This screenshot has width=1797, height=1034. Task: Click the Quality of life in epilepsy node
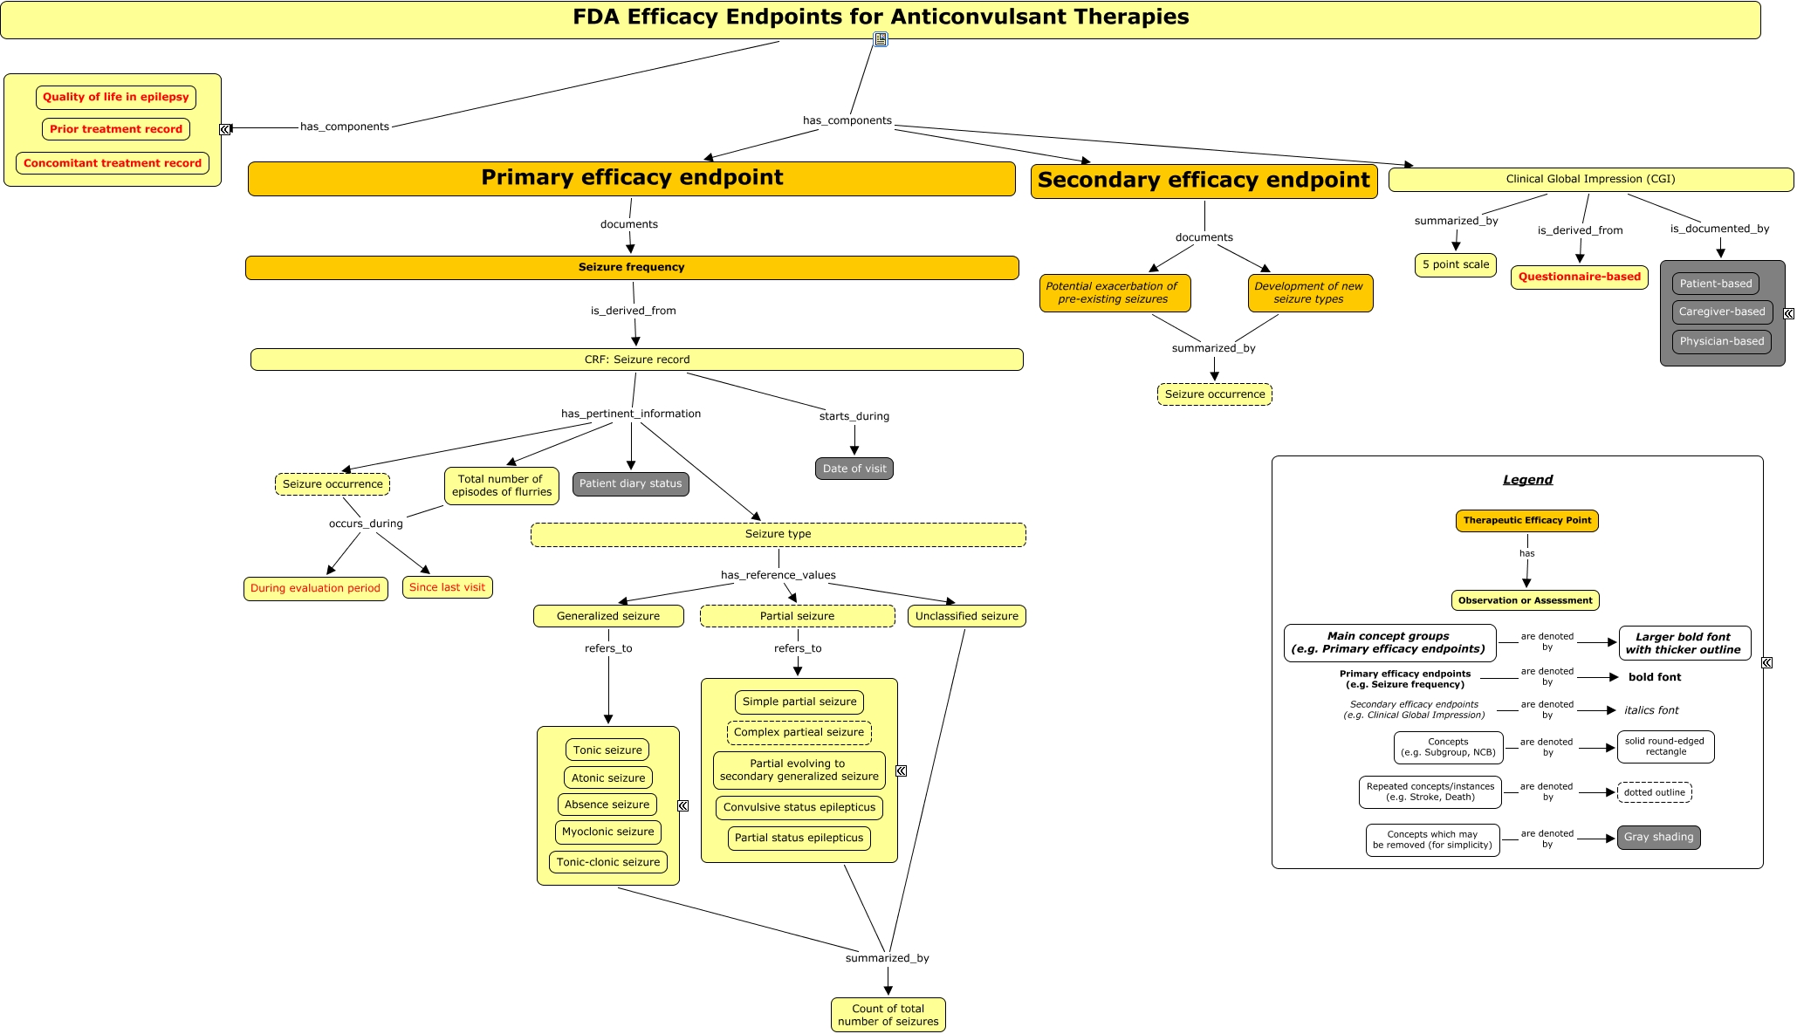pyautogui.click(x=116, y=97)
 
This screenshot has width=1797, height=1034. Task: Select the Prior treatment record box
pyautogui.click(x=116, y=129)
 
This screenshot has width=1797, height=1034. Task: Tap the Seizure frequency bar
pyautogui.click(x=632, y=267)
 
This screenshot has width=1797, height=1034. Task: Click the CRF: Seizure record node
pyautogui.click(x=637, y=360)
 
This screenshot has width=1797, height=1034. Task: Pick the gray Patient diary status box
pyautogui.click(x=631, y=483)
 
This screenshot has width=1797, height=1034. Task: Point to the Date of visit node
pyautogui.click(x=854, y=469)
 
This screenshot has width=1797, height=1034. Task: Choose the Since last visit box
pyautogui.click(x=448, y=587)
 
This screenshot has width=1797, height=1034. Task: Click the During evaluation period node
pyautogui.click(x=316, y=588)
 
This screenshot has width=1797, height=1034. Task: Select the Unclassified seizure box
pyautogui.click(x=967, y=616)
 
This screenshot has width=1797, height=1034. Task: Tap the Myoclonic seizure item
pyautogui.click(x=608, y=832)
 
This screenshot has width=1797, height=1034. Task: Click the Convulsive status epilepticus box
pyautogui.click(x=799, y=807)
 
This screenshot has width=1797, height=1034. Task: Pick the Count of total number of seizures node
pyautogui.click(x=888, y=1015)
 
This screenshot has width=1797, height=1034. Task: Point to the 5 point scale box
pyautogui.click(x=1456, y=264)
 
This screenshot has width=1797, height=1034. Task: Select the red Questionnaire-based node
pyautogui.click(x=1580, y=277)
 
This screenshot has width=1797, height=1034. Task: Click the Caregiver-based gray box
pyautogui.click(x=1722, y=312)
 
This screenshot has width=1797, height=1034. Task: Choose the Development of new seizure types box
pyautogui.click(x=1309, y=292)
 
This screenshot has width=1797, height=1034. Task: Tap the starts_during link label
pyautogui.click(x=854, y=416)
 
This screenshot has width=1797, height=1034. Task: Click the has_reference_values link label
pyautogui.click(x=778, y=575)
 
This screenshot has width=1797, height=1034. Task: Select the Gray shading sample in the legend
pyautogui.click(x=1659, y=837)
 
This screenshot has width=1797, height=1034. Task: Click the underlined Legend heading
pyautogui.click(x=1528, y=480)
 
